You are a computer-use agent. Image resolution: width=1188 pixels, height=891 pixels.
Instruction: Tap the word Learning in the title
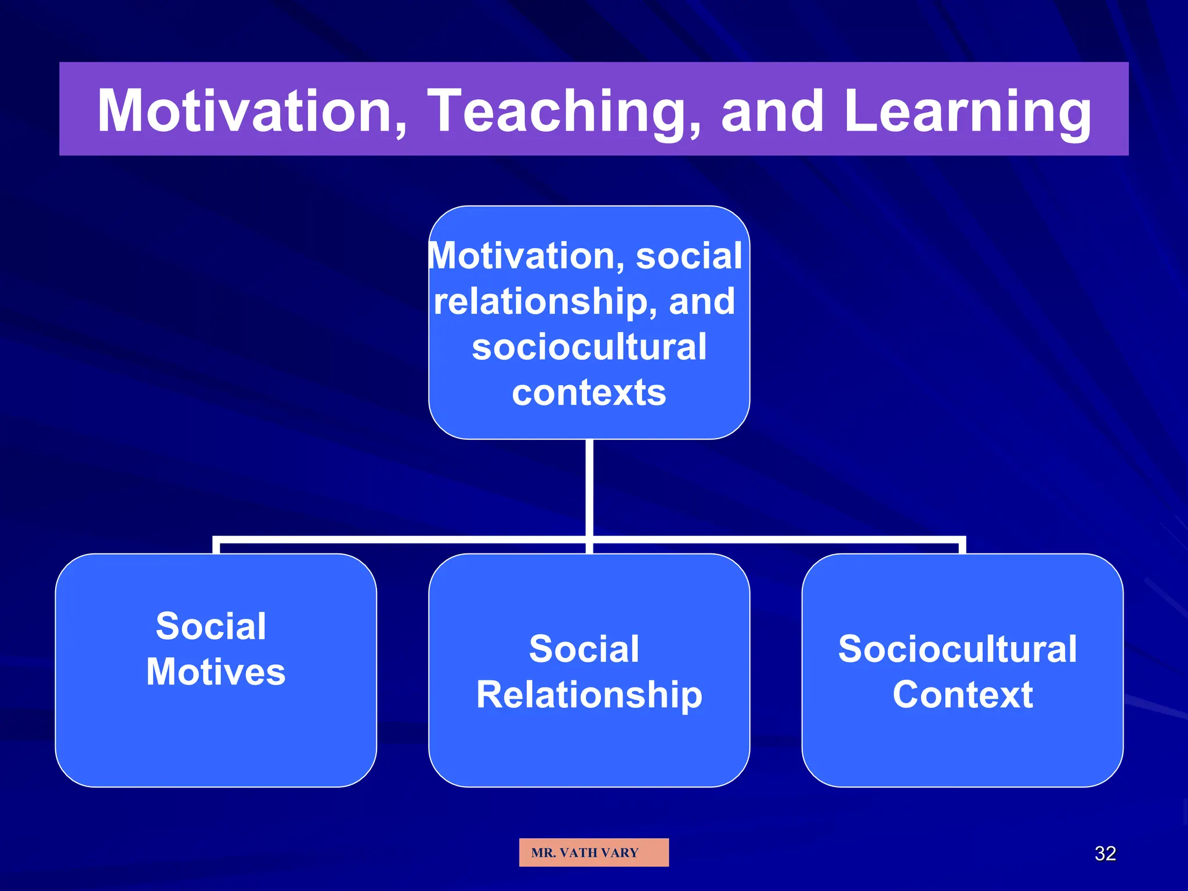[968, 111]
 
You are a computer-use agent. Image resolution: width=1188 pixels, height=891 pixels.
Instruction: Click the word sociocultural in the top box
[589, 346]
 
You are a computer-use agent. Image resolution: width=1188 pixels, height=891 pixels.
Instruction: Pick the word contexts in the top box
[589, 393]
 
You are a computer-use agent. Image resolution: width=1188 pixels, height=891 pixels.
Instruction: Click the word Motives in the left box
[216, 672]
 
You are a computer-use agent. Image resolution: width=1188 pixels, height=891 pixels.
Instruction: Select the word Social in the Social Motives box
[211, 626]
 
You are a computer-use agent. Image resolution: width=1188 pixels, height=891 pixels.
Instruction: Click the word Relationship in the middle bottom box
[589, 694]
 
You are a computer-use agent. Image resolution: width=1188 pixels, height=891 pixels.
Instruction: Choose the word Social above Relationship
[584, 649]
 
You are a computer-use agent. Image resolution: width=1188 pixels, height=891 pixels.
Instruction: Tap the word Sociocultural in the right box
[957, 649]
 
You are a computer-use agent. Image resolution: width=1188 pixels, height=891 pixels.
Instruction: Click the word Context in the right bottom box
[962, 694]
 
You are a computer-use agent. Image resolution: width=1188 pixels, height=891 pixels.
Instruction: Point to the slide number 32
[1104, 853]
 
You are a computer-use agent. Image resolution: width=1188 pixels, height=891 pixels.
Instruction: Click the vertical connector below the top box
[589, 487]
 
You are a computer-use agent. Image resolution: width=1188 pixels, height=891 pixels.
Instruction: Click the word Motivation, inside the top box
[527, 256]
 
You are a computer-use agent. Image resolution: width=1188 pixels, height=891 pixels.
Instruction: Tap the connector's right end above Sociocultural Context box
[962, 545]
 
